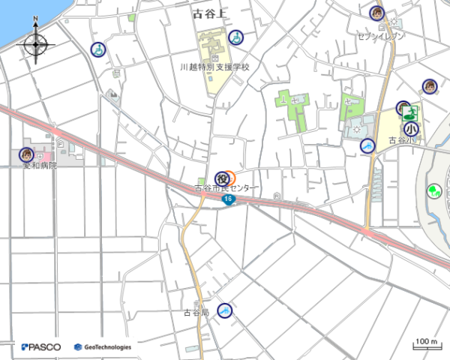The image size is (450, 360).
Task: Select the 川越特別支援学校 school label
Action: point(214,67)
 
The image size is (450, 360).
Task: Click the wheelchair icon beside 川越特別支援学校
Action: point(235,36)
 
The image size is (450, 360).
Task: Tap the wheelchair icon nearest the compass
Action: point(97,49)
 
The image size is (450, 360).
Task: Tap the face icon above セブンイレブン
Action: point(376,13)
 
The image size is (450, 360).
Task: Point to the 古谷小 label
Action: point(401,140)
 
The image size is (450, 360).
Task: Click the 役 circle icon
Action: point(222,178)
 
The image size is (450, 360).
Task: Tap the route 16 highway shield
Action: point(229,200)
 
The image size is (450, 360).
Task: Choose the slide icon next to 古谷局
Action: point(224,310)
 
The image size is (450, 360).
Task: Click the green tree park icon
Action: point(433,190)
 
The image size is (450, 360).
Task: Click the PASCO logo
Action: point(42,347)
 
